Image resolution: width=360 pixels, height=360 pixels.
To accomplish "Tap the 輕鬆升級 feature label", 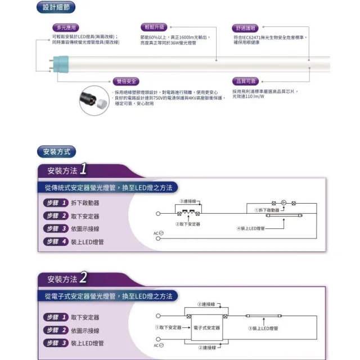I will point(154,27).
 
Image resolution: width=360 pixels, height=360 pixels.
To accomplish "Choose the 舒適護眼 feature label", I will point(245,28).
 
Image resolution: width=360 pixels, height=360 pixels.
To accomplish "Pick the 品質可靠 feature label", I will point(245,81).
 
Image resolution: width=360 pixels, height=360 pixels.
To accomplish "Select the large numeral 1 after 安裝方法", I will point(83,169).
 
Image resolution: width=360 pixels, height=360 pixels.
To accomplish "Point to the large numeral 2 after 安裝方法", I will point(83,277).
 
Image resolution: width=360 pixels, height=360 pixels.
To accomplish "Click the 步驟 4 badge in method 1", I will point(56,241).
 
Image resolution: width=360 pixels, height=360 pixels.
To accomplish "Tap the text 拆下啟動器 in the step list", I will point(85,202).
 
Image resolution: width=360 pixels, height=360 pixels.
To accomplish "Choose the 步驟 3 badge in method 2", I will point(56,343).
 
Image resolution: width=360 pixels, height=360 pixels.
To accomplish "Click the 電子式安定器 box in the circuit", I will point(206,327).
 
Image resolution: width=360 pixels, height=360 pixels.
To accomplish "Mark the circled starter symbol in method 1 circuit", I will point(284,202).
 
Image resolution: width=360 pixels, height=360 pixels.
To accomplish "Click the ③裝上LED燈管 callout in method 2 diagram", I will point(263,328).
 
